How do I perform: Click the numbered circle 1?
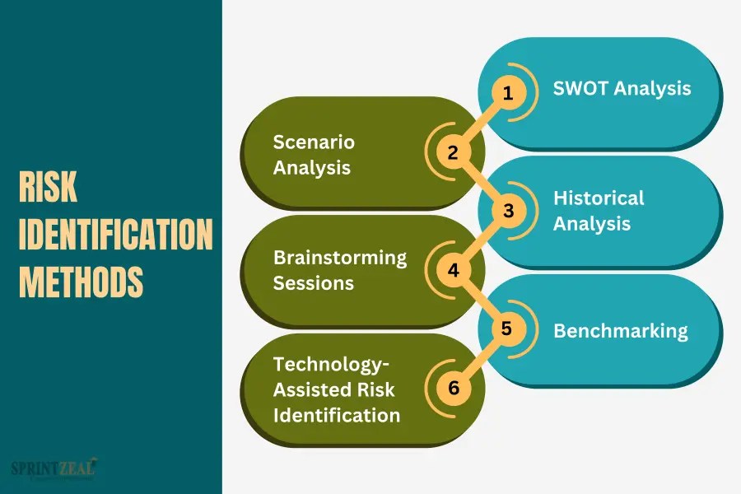[508, 94]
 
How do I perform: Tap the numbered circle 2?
[453, 152]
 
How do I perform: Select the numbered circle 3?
[508, 211]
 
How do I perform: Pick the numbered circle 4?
[453, 270]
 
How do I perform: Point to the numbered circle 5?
[507, 329]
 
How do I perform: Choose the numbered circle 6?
[453, 387]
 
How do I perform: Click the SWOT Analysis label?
[622, 88]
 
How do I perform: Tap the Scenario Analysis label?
[314, 155]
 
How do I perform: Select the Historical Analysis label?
[599, 211]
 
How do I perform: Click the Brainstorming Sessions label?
[340, 270]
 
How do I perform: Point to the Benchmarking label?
[620, 331]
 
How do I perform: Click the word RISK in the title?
[48, 189]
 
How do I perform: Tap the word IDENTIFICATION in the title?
[115, 235]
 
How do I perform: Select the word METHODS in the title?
[81, 282]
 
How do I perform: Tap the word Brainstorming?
[340, 258]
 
